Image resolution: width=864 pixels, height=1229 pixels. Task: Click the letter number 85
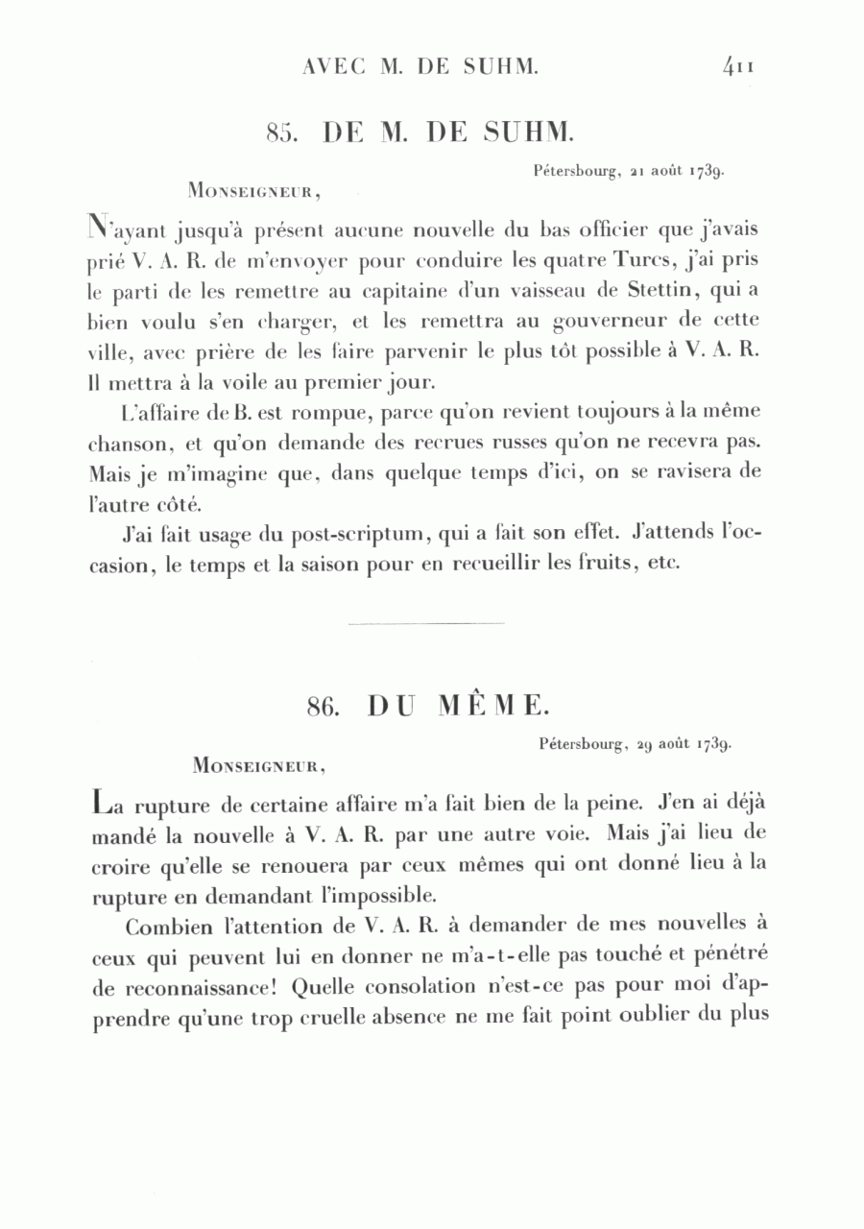(285, 133)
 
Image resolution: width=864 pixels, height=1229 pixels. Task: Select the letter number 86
(326, 707)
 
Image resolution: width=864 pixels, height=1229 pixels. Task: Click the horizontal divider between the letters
(425, 624)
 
